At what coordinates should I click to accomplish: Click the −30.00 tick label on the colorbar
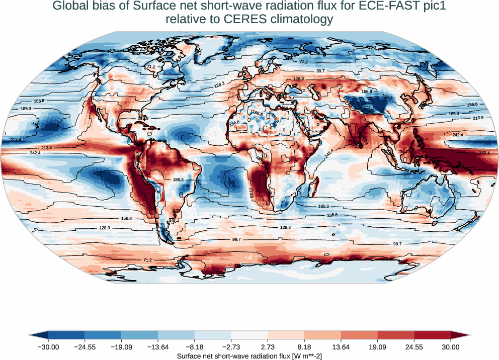coord(48,347)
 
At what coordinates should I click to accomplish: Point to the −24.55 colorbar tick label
coord(85,347)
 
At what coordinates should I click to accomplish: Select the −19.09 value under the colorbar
coord(121,347)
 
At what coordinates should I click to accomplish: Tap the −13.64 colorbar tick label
coord(158,347)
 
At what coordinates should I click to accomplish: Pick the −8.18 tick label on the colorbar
coord(195,347)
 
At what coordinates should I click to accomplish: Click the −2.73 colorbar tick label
coord(231,347)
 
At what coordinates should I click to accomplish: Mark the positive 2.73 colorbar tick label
coord(268,347)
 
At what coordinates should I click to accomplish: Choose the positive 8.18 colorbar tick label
coord(305,347)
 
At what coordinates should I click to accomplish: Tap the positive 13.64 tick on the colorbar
coord(341,347)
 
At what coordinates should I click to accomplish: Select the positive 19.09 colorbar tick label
coord(378,347)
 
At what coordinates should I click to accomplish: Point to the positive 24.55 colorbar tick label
coord(414,347)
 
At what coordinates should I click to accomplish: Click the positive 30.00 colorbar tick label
coord(451,347)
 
